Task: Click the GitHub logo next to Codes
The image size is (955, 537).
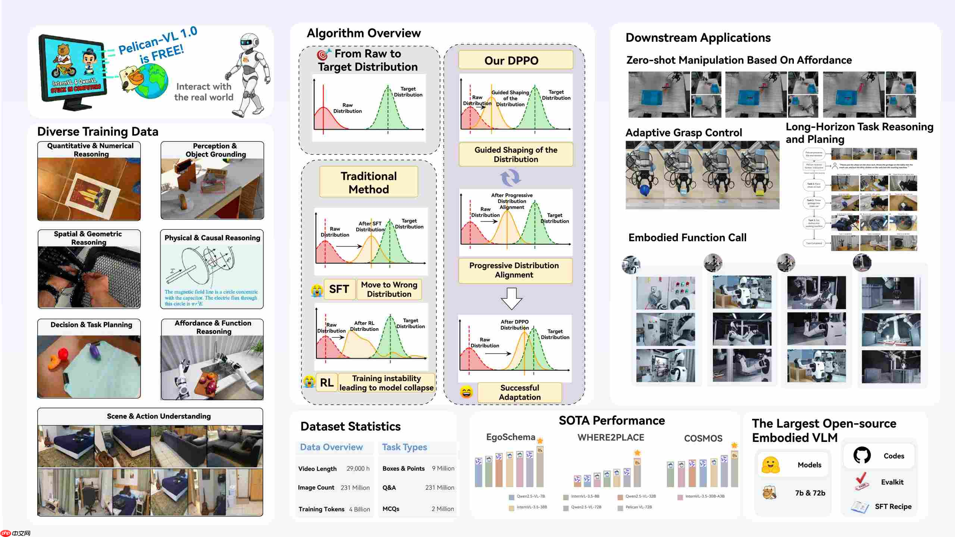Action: tap(862, 455)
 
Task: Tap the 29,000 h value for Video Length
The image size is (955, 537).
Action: tap(358, 468)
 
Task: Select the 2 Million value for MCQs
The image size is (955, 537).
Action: tap(442, 509)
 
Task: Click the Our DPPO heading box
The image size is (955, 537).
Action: tap(515, 60)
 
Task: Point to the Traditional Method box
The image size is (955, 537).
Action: tap(369, 182)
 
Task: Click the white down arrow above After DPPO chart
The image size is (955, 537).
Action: tap(511, 298)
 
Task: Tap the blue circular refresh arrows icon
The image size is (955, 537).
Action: tap(510, 178)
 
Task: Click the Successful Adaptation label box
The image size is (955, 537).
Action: tap(519, 392)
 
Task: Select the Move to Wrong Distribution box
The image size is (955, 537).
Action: tap(389, 289)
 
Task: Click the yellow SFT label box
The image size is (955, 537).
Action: tap(339, 289)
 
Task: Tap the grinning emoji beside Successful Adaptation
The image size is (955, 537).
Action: tap(466, 392)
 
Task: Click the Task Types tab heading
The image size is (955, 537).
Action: tap(404, 447)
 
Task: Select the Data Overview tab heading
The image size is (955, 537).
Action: tap(331, 447)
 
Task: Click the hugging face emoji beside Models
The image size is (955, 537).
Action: tap(770, 465)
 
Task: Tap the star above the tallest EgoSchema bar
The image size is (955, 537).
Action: tap(540, 441)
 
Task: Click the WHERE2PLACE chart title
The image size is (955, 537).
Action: tap(611, 437)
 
